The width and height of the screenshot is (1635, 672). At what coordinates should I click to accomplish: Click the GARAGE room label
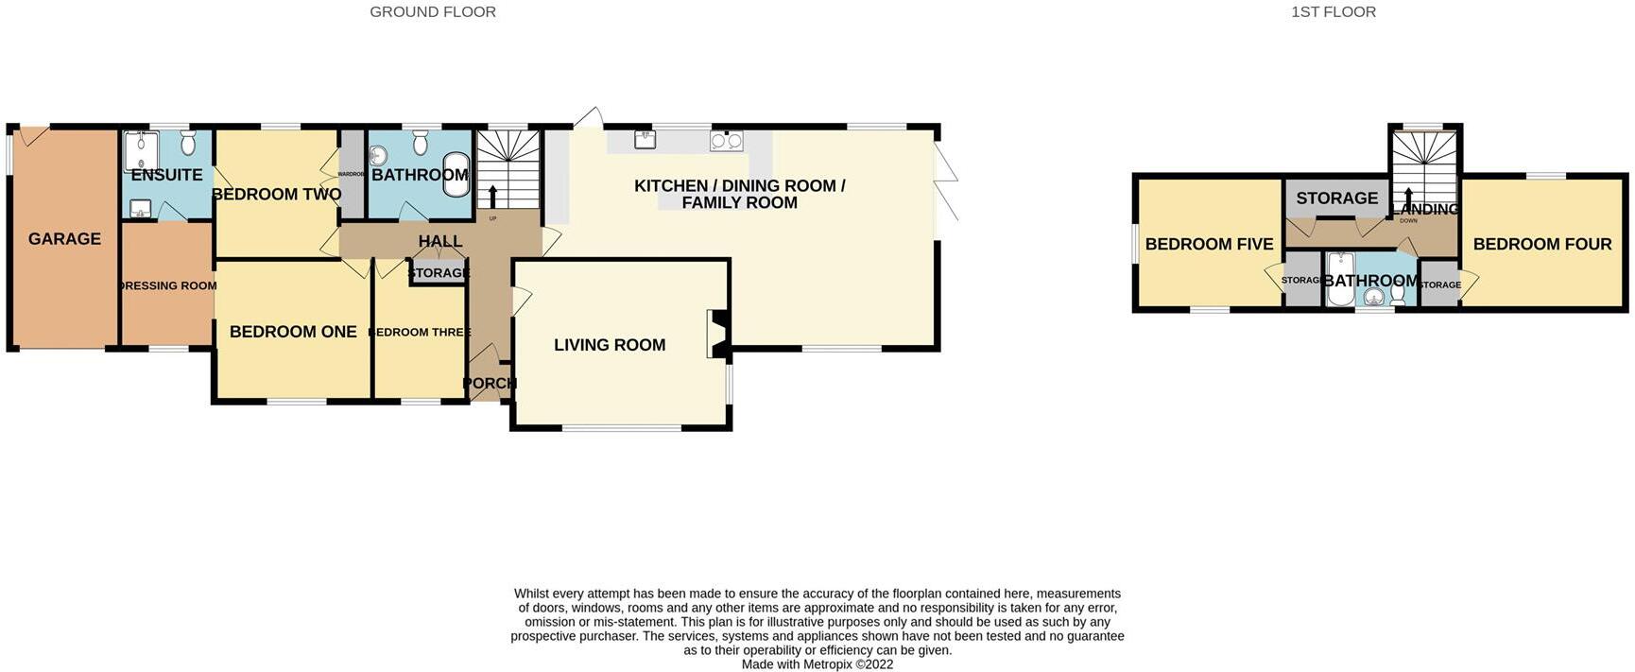click(x=64, y=239)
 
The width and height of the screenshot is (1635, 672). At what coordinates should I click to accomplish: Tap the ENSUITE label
click(x=166, y=175)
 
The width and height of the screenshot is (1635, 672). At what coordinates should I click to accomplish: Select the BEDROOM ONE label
click(x=293, y=332)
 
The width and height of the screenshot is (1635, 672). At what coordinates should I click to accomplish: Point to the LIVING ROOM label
click(x=610, y=345)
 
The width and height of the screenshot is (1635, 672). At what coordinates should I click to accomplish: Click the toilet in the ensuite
click(x=187, y=143)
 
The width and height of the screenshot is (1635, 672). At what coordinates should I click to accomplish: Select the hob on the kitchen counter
click(x=726, y=141)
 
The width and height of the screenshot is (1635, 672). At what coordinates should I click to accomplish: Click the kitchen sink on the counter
click(x=645, y=140)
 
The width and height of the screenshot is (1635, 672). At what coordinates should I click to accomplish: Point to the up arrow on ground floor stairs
click(x=492, y=197)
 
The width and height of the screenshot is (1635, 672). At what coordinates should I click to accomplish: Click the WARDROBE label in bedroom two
click(x=351, y=174)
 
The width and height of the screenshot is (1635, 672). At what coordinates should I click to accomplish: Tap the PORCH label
click(x=490, y=383)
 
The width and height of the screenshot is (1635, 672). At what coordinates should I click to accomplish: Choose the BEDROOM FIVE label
click(x=1209, y=244)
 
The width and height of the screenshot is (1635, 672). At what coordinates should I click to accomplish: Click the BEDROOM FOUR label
click(x=1541, y=244)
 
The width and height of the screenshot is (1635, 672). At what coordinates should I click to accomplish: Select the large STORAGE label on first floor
click(x=1336, y=198)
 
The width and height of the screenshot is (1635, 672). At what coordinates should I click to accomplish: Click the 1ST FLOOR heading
click(x=1333, y=12)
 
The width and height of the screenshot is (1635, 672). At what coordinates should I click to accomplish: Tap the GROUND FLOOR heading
click(x=433, y=12)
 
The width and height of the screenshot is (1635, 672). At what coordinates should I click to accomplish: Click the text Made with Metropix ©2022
click(x=817, y=664)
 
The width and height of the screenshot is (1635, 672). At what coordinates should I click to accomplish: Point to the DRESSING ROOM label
click(x=168, y=285)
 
